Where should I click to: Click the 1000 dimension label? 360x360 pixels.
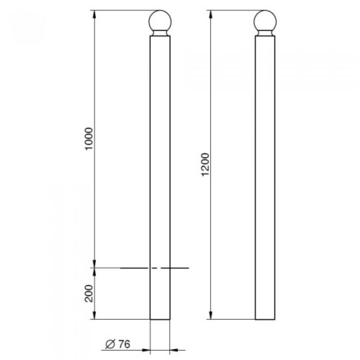[89, 138]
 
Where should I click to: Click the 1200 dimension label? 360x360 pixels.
[206, 165]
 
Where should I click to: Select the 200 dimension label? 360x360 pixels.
[89, 294]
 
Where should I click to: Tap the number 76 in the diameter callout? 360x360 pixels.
[124, 344]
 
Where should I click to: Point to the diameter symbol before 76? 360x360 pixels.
[110, 344]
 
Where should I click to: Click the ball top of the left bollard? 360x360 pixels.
[160, 21]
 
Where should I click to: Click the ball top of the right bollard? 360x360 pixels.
[265, 21]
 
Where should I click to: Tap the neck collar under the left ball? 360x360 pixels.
[160, 33]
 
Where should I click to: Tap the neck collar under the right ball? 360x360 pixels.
[265, 33]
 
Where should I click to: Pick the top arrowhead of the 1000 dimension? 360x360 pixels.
[94, 14]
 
